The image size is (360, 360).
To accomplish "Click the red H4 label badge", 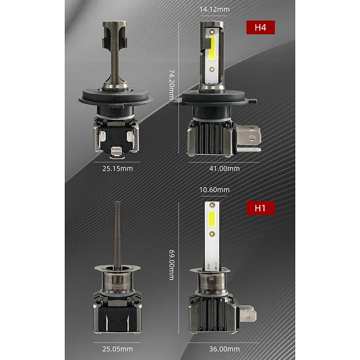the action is click(261, 27).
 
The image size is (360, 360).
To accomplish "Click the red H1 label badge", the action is click(261, 208).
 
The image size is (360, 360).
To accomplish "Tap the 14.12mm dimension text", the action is click(214, 9).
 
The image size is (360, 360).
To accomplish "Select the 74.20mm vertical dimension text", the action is click(172, 85).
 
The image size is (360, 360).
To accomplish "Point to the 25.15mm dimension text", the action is click(117, 168).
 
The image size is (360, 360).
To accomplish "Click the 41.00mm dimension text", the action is click(224, 168).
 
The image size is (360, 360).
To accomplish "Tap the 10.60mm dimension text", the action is click(214, 190).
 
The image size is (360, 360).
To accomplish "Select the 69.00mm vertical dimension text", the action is click(172, 265).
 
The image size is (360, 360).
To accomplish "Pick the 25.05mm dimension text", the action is click(117, 349).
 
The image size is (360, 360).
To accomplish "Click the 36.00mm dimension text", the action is click(224, 349).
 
